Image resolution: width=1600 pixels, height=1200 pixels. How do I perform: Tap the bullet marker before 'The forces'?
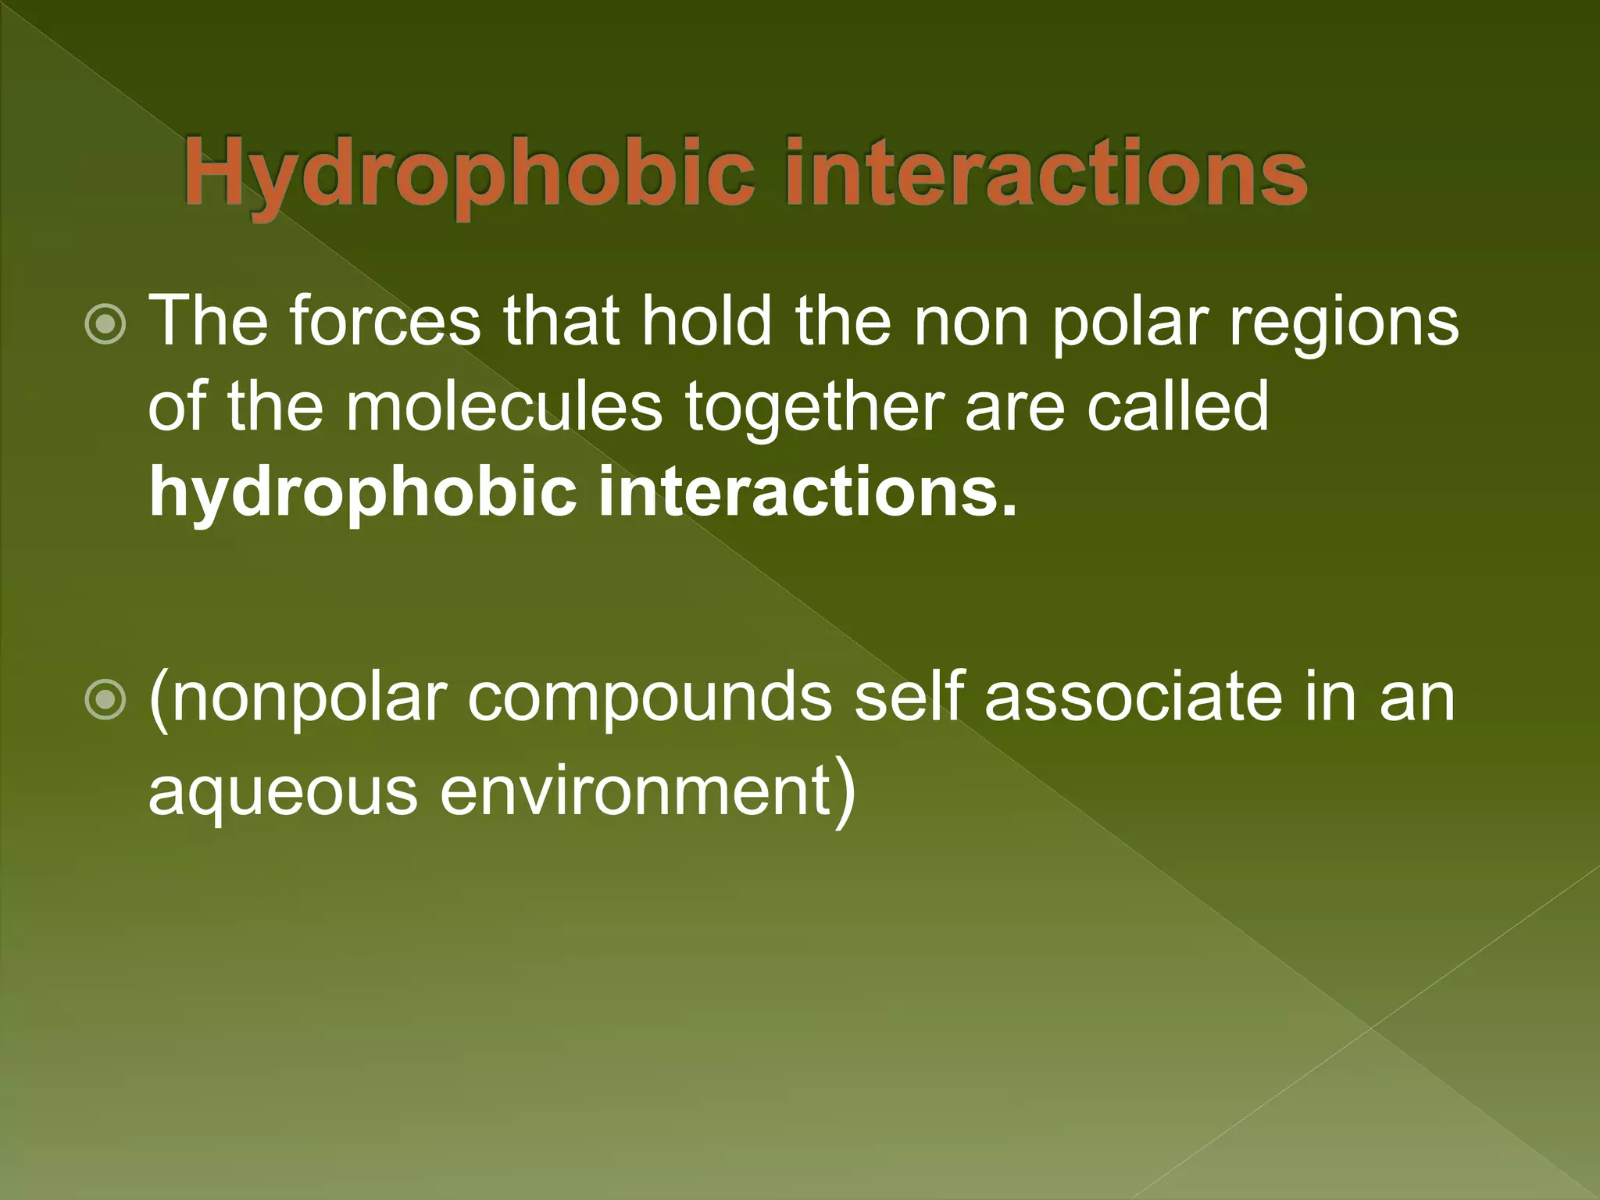[104, 323]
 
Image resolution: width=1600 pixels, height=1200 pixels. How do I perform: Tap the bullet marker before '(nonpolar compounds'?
[104, 698]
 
